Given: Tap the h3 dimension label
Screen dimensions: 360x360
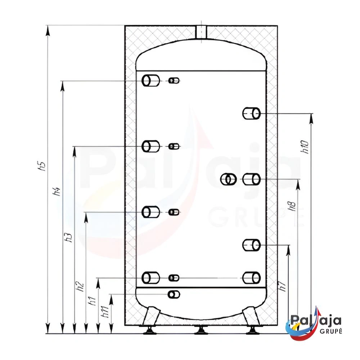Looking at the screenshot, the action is [x=68, y=237].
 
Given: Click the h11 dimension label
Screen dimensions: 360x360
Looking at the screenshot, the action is [x=105, y=311].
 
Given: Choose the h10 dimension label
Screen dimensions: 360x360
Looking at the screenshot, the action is [x=305, y=147].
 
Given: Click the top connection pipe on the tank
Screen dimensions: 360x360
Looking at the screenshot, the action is [x=201, y=32].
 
